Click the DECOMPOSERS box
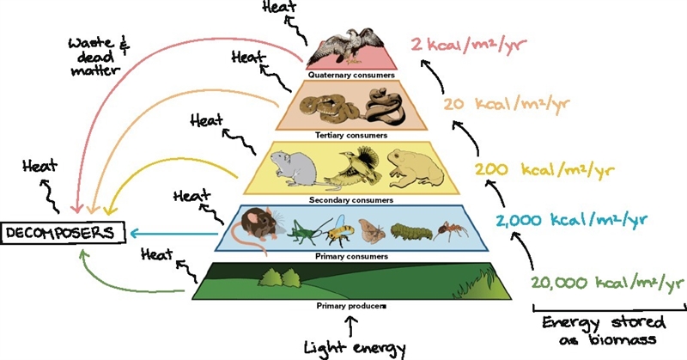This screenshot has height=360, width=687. pyautogui.click(x=63, y=232)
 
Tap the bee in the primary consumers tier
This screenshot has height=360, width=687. pyautogui.click(x=337, y=229)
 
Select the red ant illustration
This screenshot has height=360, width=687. pyautogui.click(x=450, y=231)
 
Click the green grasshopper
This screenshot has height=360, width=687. pyautogui.click(x=307, y=229)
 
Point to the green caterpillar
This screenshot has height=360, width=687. pyautogui.click(x=410, y=231)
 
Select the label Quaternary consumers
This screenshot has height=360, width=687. pyautogui.click(x=351, y=75)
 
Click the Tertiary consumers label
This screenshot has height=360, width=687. pyautogui.click(x=351, y=135)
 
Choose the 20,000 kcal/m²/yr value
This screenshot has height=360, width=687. pyautogui.click(x=607, y=283)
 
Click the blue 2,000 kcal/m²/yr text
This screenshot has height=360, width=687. pyautogui.click(x=571, y=220)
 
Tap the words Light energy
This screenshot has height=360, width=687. pyautogui.click(x=355, y=348)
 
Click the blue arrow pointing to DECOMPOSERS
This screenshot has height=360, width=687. pyautogui.click(x=174, y=234)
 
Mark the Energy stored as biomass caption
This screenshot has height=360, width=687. pyautogui.click(x=605, y=330)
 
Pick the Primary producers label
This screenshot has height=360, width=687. pyautogui.click(x=351, y=306)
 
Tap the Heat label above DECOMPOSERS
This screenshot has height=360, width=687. pyautogui.click(x=40, y=167)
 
